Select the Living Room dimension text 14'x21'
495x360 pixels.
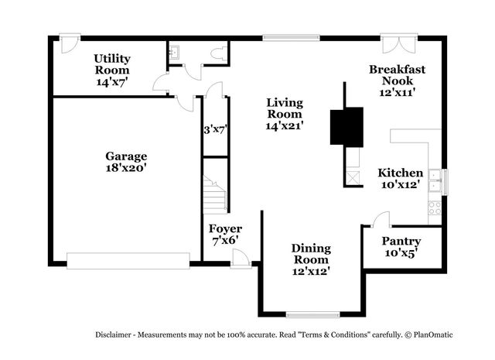coord(284,125)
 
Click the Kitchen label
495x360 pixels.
coord(400,173)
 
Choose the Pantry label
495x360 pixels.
coord(401,242)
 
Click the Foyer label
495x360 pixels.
coord(225,229)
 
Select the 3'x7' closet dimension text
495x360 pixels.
coord(213,130)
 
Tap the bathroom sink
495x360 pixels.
coord(175,51)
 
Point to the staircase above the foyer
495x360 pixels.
coord(215,194)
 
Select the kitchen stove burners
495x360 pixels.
coord(435,207)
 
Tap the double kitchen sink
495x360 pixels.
coord(435,180)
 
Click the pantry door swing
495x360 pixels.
coord(379,221)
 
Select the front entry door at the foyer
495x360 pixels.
coord(241,260)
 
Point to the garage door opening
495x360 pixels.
coord(128,261)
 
